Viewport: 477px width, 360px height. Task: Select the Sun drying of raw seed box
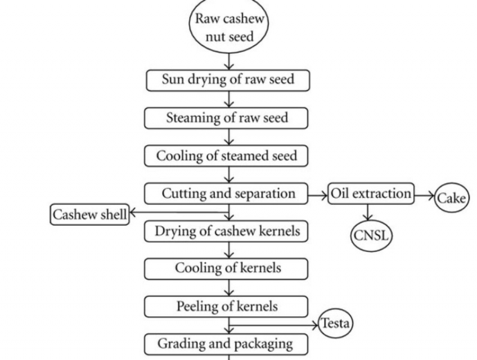228,80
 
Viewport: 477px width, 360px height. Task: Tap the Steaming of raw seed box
227,118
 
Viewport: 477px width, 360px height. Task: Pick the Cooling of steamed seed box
226,156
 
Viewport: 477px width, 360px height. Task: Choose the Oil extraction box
371,194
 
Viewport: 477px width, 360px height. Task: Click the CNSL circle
370,235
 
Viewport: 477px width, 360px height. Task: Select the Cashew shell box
89,215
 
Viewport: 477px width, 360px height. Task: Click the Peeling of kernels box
227,307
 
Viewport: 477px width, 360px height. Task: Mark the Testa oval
335,323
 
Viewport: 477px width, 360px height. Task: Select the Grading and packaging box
226,343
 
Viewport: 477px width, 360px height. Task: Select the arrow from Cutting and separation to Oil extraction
318,195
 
